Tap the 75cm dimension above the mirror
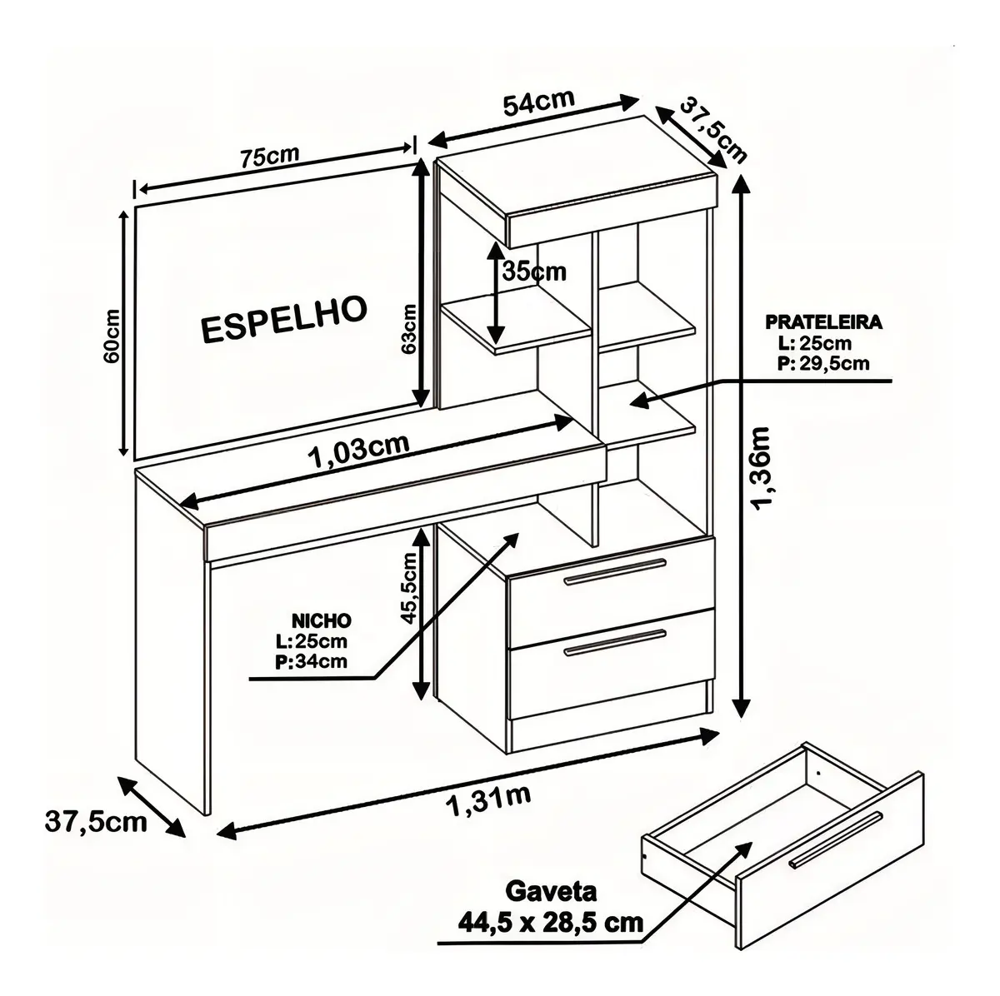[270, 156]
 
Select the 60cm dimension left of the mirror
[112, 336]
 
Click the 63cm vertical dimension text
[409, 329]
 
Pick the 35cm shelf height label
[534, 271]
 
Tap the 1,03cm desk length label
[359, 450]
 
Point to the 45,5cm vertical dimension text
[409, 588]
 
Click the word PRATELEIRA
[824, 322]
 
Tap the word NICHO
[321, 620]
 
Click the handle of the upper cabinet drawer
[615, 571]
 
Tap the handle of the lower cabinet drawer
[615, 643]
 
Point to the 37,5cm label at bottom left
[96, 822]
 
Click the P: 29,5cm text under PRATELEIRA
[823, 363]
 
